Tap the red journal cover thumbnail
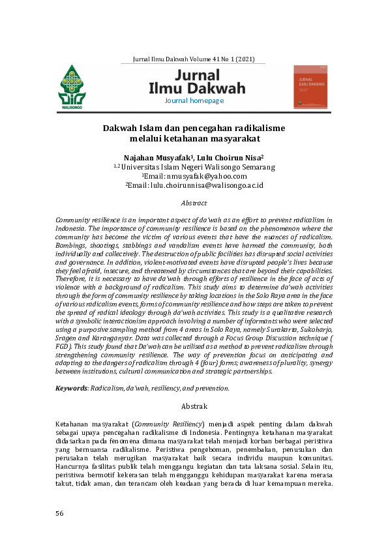pos(310,86)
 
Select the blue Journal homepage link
pos(194,101)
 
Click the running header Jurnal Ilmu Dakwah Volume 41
pos(194,59)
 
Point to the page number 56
pos(60,513)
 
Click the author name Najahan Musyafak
pos(157,157)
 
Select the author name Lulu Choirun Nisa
pos(231,157)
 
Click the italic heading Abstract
pos(194,203)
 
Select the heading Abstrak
pos(194,406)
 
